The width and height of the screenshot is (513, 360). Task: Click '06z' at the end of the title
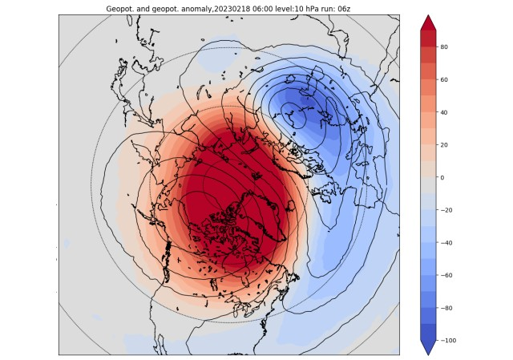[x=345, y=9]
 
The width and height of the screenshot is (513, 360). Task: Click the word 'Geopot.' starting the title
[x=121, y=9]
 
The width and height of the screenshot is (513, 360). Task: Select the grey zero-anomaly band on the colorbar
[x=429, y=177]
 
